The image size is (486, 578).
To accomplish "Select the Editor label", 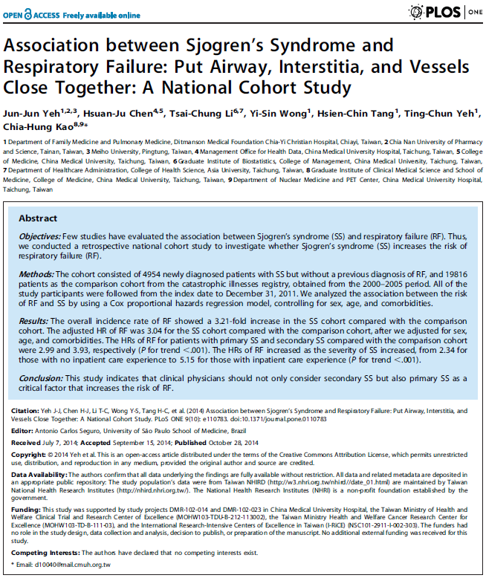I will coord(18,431).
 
